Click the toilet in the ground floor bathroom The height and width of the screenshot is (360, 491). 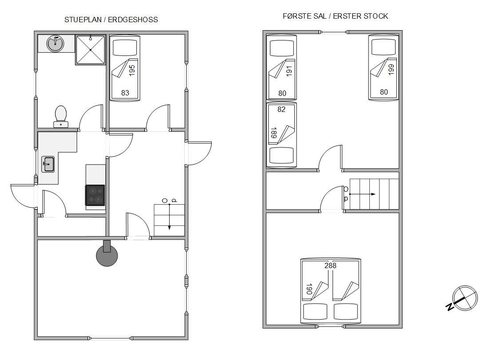tap(60, 116)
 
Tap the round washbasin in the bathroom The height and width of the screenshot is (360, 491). tap(55, 44)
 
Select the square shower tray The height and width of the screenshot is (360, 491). tap(91, 49)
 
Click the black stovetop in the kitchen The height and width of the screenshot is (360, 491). tap(95, 195)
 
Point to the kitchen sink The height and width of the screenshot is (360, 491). tap(48, 164)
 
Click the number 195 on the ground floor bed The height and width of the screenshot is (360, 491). tap(132, 70)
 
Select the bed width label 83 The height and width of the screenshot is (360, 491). tap(125, 93)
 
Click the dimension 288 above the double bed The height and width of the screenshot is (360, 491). tap(330, 265)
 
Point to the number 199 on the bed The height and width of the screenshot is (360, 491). tap(391, 69)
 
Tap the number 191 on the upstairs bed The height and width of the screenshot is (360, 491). tap(289, 71)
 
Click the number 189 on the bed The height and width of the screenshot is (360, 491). tap(273, 133)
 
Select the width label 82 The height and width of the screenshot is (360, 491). tap(281, 109)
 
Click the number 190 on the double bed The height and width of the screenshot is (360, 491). tap(309, 289)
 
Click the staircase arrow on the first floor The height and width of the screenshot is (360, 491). tap(362, 194)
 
